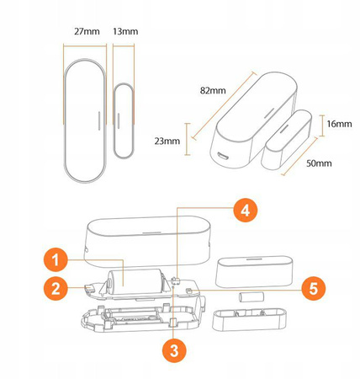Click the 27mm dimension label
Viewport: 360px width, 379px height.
coord(87,31)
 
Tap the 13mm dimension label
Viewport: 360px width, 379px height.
coord(125,31)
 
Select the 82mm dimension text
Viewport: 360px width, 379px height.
coord(213,91)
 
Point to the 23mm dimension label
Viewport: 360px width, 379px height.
coord(167,141)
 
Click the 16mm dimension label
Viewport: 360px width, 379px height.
coord(339,124)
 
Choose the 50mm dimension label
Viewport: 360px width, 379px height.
coord(319,163)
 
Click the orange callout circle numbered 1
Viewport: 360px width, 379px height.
coord(56,260)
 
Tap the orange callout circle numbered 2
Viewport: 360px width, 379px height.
coord(56,288)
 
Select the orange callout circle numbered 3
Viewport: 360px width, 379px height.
coord(174,350)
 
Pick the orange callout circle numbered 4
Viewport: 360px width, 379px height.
coord(246,211)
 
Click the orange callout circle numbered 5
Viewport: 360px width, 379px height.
coord(314,288)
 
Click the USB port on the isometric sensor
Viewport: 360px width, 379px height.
coord(222,156)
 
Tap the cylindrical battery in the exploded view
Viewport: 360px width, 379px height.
coord(135,281)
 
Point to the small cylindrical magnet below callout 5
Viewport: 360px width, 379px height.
coord(251,297)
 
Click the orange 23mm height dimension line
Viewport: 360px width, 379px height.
coord(188,139)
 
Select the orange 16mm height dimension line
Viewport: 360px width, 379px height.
coord(322,125)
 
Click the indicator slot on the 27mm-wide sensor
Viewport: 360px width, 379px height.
coord(98,121)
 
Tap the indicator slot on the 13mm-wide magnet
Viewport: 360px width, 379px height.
coord(119,121)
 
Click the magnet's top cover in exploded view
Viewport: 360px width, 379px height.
coord(255,271)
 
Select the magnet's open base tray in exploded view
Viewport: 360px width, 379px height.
coord(250,319)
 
